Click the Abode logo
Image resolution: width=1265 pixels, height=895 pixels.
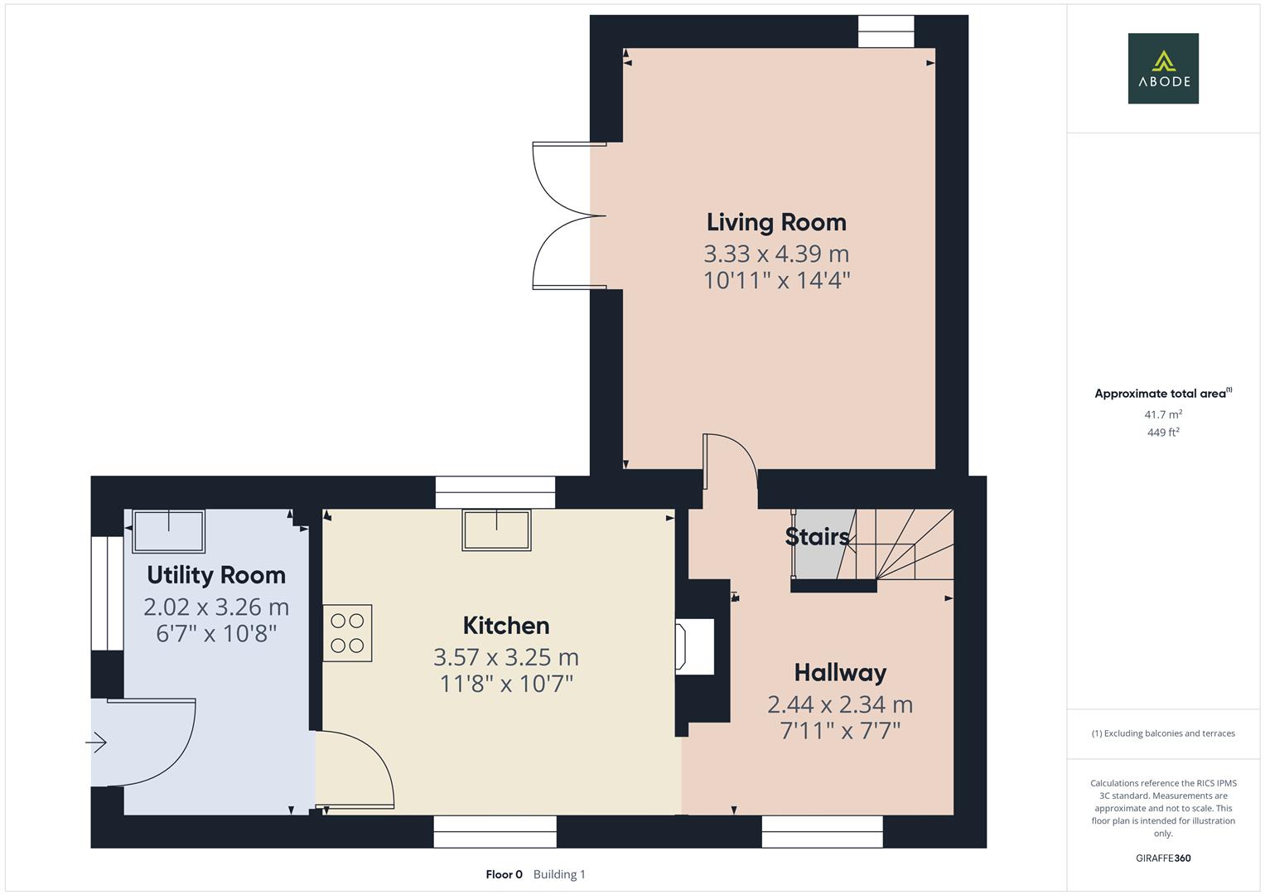point(1162,68)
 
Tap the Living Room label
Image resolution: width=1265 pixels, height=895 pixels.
point(776,222)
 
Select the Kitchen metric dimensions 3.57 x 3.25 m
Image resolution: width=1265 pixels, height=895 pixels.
point(505,657)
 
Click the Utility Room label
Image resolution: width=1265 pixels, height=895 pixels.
point(216,575)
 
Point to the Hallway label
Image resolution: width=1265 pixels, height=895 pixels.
point(840,672)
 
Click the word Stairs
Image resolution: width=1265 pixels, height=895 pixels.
point(817,537)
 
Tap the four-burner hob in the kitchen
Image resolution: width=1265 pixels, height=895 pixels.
point(347,633)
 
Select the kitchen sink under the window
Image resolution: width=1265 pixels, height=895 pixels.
point(496,530)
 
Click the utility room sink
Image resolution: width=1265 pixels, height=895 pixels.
point(169,531)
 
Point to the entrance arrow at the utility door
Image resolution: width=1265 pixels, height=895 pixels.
point(97,743)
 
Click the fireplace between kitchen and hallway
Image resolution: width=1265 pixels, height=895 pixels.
point(696,646)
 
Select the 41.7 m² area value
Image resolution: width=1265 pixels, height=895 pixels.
point(1162,414)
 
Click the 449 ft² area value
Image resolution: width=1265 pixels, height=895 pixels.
point(1162,433)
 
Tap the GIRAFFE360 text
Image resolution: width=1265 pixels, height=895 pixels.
point(1162,858)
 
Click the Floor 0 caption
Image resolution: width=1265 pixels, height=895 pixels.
point(504,874)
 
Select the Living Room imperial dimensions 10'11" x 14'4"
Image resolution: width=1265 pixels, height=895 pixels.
point(776,280)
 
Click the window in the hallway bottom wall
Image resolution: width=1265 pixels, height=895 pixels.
point(822,831)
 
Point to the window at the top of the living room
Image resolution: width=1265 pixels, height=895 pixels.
point(886,31)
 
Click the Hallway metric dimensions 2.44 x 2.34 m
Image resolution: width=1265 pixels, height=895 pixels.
point(840,704)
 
